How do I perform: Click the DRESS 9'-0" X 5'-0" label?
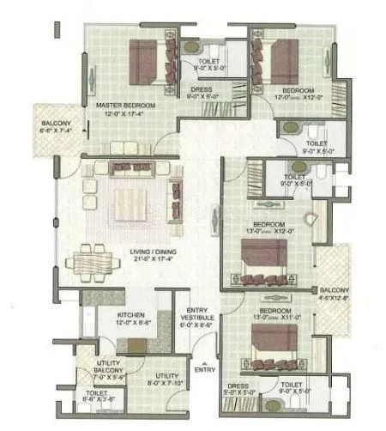tap(202, 93)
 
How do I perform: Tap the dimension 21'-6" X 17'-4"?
tap(152, 257)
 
